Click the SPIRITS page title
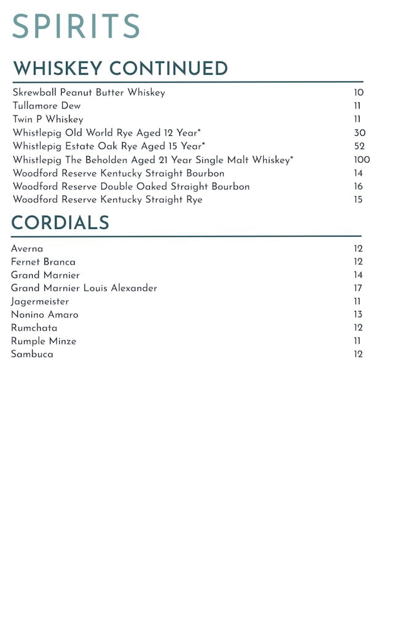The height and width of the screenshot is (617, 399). (76, 27)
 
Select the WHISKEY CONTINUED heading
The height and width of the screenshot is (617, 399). (120, 68)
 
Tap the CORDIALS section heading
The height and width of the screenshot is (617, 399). (60, 223)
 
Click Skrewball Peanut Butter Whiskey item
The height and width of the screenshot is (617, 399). (89, 93)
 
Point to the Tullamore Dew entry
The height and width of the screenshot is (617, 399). (46, 106)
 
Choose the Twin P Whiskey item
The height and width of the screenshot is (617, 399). (47, 119)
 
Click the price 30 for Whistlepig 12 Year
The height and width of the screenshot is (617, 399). (360, 133)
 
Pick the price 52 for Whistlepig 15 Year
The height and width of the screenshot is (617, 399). (360, 146)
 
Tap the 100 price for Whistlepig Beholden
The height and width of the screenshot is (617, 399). (361, 160)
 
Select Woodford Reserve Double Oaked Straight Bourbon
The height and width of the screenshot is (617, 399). (131, 186)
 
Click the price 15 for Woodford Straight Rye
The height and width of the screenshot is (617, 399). (358, 199)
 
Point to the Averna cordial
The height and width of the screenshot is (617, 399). (27, 249)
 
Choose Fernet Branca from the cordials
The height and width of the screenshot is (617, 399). (43, 262)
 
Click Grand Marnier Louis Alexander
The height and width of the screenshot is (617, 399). (84, 288)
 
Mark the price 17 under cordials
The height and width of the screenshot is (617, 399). (358, 288)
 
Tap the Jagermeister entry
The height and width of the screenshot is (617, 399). (40, 302)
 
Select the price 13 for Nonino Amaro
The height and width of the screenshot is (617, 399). (358, 315)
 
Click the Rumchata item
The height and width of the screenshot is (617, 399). (34, 328)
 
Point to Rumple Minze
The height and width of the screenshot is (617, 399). (44, 341)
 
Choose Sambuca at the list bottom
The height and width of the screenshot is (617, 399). (32, 354)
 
